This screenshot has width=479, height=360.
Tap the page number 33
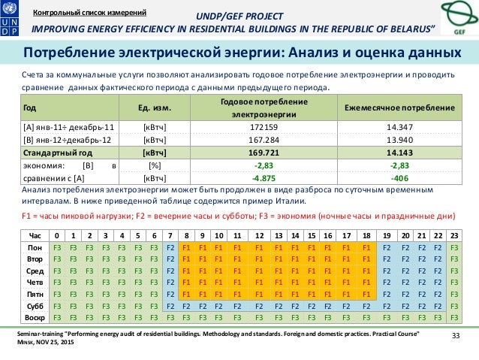point(453,334)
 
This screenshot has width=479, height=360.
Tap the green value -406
point(399,177)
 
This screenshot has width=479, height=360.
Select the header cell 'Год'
point(31,108)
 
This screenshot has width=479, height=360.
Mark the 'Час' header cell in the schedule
point(35,235)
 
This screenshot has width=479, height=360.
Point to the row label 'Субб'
point(35,307)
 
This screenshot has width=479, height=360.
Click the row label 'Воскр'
point(35,318)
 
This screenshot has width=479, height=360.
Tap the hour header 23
point(453,235)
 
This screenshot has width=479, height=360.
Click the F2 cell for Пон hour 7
point(171,247)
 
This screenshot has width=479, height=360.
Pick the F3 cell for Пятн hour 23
point(453,295)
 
